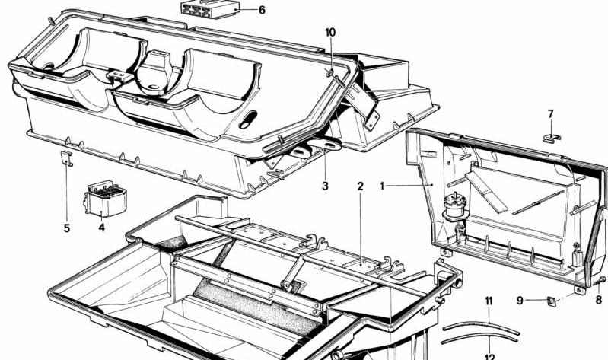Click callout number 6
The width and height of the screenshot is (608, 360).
pyautogui.click(x=262, y=11)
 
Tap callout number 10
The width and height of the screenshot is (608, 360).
pyautogui.click(x=329, y=33)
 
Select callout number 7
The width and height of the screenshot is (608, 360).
pyautogui.click(x=551, y=114)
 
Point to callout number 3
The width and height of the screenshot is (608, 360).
pyautogui.click(x=324, y=186)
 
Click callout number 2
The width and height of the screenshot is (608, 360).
pyautogui.click(x=360, y=186)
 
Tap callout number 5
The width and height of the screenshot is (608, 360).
pyautogui.click(x=66, y=226)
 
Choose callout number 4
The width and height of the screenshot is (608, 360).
pyautogui.click(x=101, y=226)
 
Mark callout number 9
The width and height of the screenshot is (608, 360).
pyautogui.click(x=520, y=301)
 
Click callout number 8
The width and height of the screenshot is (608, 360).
pyautogui.click(x=598, y=301)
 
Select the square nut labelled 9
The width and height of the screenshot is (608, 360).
pyautogui.click(x=553, y=301)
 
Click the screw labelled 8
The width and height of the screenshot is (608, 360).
pyautogui.click(x=600, y=282)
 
